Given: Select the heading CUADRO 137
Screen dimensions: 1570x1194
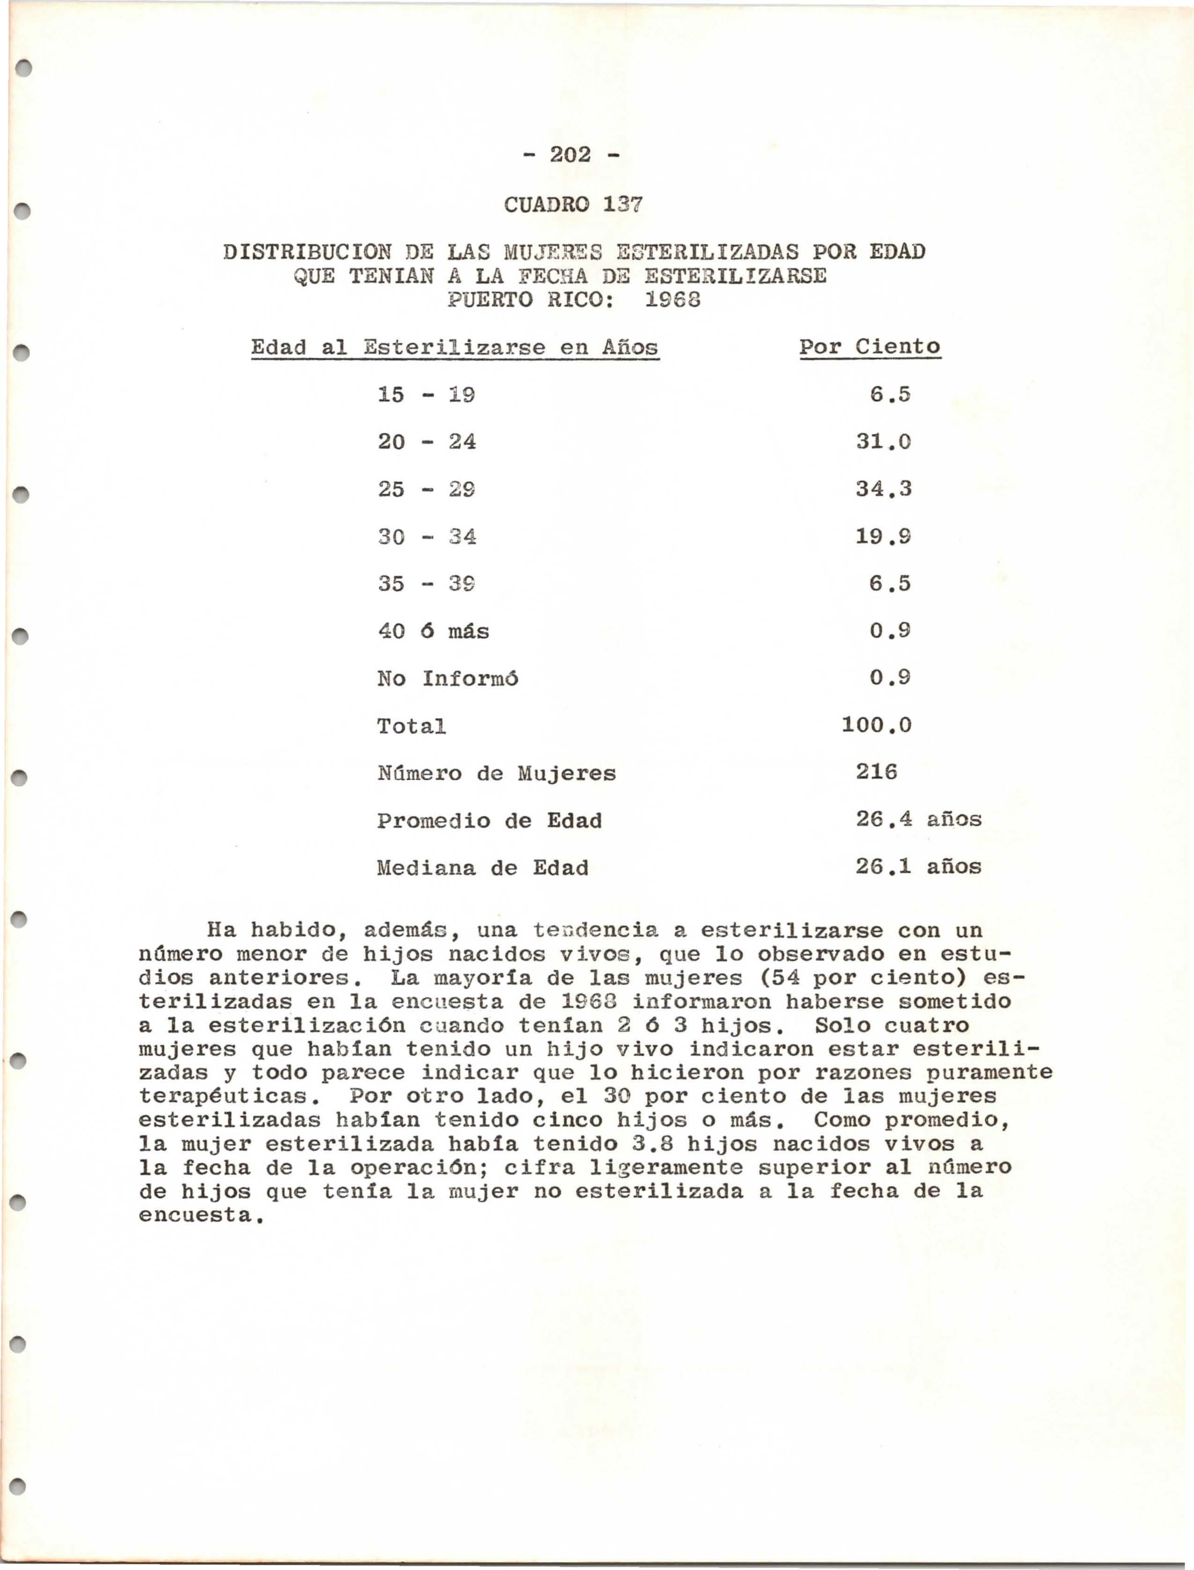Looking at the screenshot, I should (573, 205).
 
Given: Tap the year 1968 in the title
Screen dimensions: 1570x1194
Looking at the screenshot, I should (672, 300).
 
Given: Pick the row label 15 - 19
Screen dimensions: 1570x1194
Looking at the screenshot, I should (426, 394).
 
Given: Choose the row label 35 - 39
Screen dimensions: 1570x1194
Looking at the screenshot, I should (426, 584).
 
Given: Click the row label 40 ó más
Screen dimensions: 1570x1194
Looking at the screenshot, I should (433, 631).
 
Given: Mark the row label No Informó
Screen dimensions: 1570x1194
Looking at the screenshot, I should (447, 679).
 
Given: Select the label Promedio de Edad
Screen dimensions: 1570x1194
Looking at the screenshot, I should (489, 821).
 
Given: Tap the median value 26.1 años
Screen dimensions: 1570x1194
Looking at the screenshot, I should (918, 867).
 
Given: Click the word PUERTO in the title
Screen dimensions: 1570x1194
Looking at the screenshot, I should (490, 300).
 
